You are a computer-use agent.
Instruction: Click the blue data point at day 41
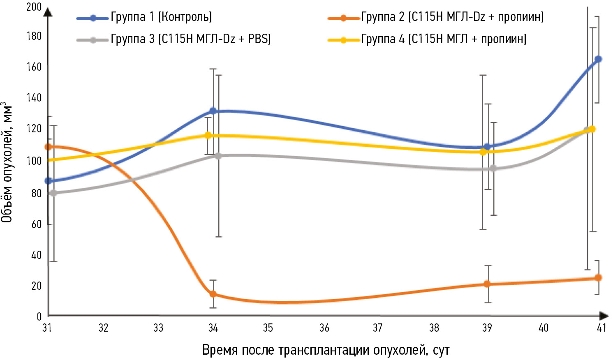tap(599, 59)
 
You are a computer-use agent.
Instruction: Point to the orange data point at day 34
tap(213, 294)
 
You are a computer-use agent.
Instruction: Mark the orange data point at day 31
tap(49, 146)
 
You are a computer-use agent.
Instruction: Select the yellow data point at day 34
tap(208, 135)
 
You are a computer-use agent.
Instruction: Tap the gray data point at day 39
tap(493, 168)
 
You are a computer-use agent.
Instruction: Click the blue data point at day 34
tap(213, 111)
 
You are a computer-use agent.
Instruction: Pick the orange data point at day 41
tap(599, 278)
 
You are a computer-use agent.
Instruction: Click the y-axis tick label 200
tap(34, 7)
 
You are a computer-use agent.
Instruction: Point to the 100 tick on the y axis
tap(34, 161)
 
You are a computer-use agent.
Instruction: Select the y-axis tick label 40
tap(37, 255)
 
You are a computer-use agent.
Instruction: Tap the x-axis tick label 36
tap(324, 328)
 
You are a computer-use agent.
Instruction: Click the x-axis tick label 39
tap(487, 328)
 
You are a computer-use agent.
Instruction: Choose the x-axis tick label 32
tap(103, 328)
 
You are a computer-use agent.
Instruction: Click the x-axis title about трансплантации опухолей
tap(326, 350)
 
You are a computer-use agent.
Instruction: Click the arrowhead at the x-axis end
tap(604, 316)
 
